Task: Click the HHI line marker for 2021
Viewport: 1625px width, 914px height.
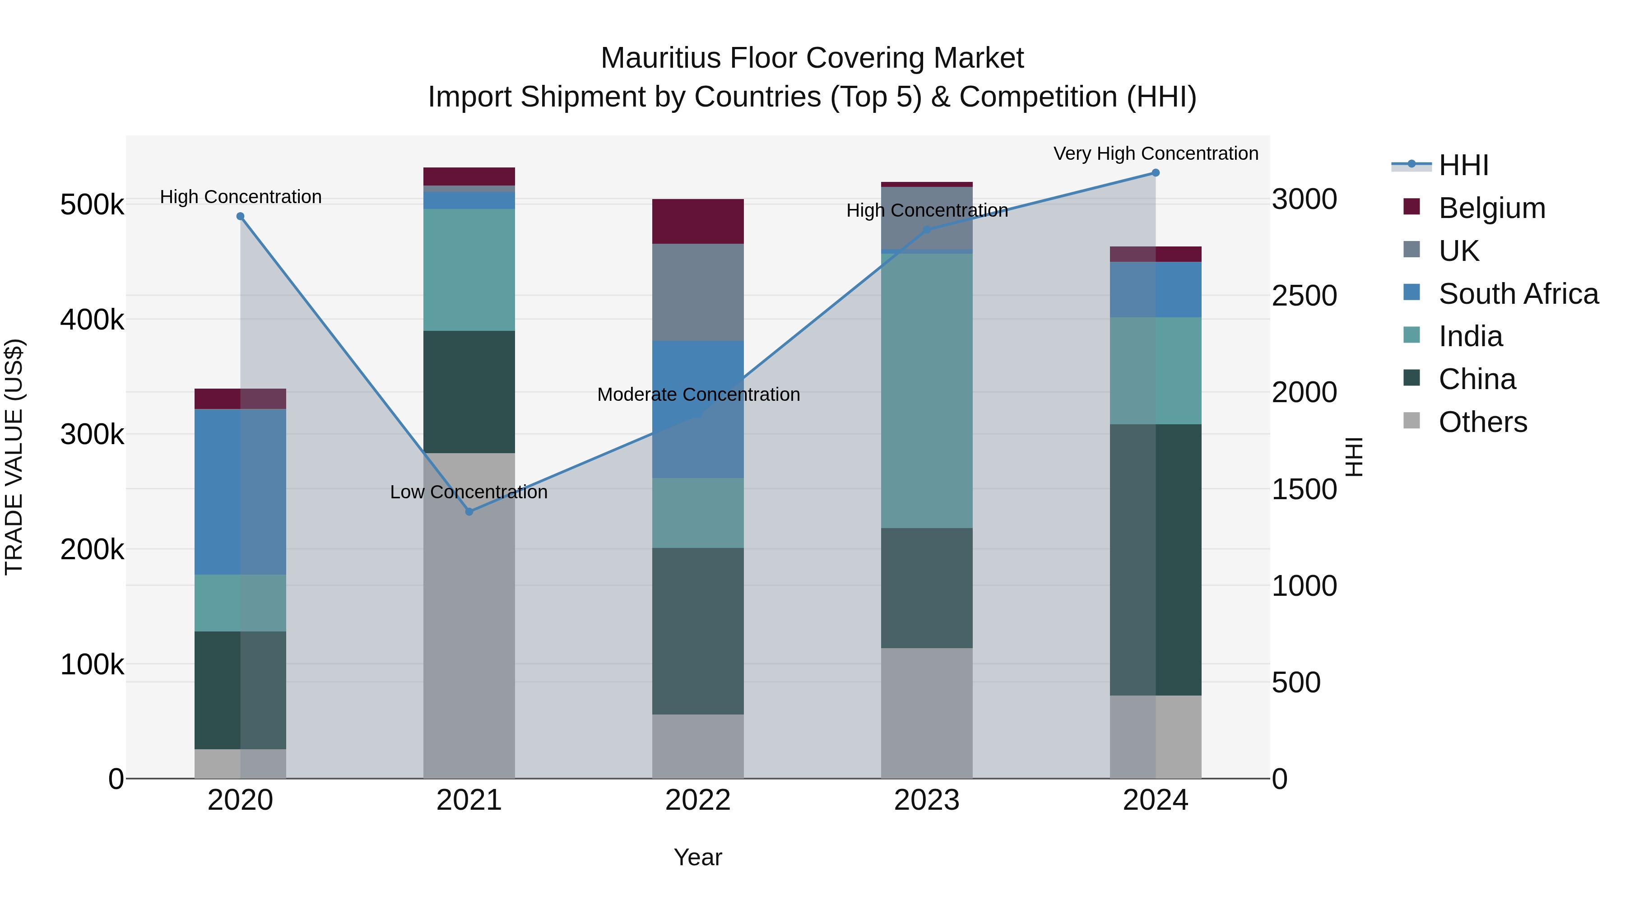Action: click(469, 511)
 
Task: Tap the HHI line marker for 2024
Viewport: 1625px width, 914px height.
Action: click(1155, 173)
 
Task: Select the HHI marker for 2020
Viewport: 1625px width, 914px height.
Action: click(240, 216)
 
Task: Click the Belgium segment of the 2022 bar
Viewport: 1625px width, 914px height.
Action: click(698, 222)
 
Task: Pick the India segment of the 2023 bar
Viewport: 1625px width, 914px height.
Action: click(926, 390)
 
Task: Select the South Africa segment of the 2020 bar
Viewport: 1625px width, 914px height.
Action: click(240, 492)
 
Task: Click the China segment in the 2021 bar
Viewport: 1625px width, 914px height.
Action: click(469, 392)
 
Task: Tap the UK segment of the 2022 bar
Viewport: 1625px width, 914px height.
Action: click(698, 292)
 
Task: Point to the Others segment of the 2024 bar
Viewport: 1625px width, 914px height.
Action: click(1155, 737)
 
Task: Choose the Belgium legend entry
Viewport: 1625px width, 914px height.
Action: click(1491, 208)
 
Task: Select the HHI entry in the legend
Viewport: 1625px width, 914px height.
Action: click(1463, 165)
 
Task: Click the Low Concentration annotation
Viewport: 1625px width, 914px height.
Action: click(469, 492)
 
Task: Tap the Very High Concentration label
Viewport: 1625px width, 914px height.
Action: click(1156, 153)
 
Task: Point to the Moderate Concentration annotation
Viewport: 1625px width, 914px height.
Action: click(698, 394)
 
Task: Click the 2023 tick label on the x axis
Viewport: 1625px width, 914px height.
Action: click(926, 800)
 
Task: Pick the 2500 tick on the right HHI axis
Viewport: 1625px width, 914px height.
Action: click(1304, 296)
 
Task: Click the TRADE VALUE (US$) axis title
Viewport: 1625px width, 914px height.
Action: click(14, 457)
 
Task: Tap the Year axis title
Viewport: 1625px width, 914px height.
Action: click(698, 857)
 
